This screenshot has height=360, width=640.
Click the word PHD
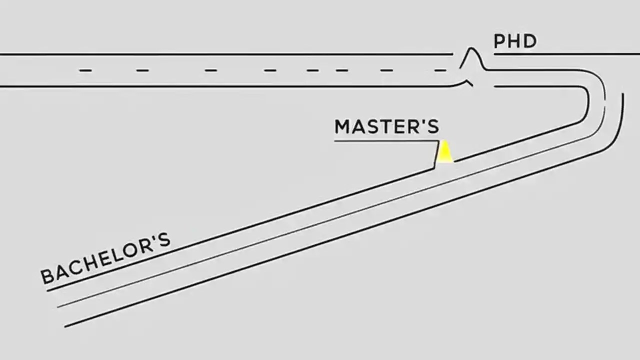(515, 41)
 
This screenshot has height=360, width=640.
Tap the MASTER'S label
(386, 127)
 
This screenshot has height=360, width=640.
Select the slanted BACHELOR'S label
(105, 258)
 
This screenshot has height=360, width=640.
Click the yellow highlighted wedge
(444, 153)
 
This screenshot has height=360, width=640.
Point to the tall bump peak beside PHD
(470, 49)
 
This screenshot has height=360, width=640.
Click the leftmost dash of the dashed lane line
(85, 70)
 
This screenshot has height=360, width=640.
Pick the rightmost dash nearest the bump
(440, 70)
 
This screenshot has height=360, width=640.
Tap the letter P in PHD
(499, 41)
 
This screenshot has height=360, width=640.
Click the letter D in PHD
(530, 41)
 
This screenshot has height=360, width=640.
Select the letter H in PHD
(514, 41)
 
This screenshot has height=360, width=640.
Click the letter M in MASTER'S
(342, 127)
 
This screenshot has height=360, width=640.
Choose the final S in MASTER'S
(433, 127)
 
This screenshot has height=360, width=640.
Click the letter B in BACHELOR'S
(47, 276)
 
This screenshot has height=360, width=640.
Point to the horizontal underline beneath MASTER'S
(385, 141)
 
